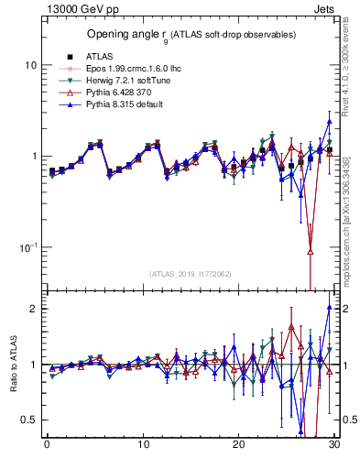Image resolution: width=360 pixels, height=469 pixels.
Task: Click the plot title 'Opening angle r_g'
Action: click(x=191, y=35)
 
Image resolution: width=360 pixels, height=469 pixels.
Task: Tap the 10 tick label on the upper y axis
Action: click(x=30, y=66)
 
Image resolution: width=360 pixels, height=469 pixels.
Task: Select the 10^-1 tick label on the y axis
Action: click(x=27, y=247)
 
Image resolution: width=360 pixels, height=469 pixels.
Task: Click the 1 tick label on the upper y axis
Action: click(x=34, y=157)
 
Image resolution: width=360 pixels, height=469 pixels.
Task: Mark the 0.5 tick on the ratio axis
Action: click(x=29, y=420)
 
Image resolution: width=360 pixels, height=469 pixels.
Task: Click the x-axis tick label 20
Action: click(x=238, y=446)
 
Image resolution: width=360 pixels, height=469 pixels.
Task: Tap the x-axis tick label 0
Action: click(x=46, y=446)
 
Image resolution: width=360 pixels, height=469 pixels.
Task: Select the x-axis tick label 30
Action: click(x=334, y=446)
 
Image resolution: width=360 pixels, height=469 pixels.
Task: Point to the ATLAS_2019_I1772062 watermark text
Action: click(x=191, y=274)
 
